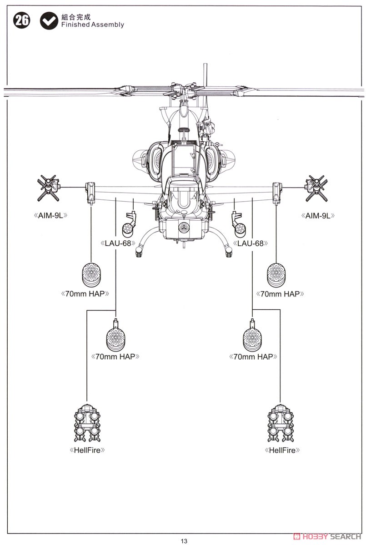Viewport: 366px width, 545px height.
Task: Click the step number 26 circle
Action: [x=21, y=20]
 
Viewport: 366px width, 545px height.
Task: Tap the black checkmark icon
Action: [x=49, y=21]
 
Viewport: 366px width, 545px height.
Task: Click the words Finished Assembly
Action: [x=93, y=25]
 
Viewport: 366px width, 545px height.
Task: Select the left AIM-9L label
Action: [x=50, y=216]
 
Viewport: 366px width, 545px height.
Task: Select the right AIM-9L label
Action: [x=318, y=216]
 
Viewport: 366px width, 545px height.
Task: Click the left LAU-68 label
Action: [x=118, y=243]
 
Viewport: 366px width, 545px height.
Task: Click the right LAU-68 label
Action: [x=251, y=243]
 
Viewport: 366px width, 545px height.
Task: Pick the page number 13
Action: [x=184, y=541]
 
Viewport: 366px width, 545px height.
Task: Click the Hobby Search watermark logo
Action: [x=327, y=536]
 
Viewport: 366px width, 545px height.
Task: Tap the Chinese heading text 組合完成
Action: [x=76, y=17]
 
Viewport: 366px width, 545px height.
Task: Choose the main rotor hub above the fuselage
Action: [x=183, y=90]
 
